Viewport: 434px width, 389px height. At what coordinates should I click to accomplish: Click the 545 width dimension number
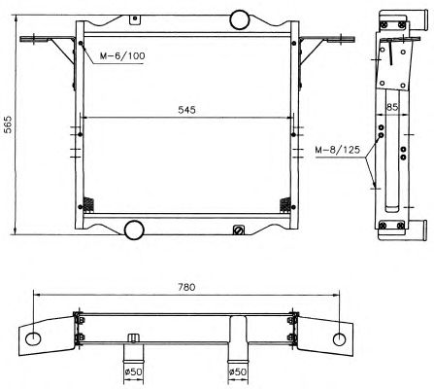186,110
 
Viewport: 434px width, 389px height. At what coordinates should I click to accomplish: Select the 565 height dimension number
8,124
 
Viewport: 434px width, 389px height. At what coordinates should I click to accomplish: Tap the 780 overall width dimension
186,287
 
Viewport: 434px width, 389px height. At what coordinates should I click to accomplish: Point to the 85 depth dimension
392,107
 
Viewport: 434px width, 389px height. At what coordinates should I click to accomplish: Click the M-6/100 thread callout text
122,55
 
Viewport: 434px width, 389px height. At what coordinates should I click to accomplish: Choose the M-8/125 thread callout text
338,150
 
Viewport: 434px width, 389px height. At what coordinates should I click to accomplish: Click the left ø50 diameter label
134,371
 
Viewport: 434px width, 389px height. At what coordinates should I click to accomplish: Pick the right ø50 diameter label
237,371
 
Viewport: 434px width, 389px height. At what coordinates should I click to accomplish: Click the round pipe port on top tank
240,19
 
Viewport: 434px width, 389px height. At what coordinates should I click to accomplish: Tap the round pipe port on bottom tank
134,230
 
